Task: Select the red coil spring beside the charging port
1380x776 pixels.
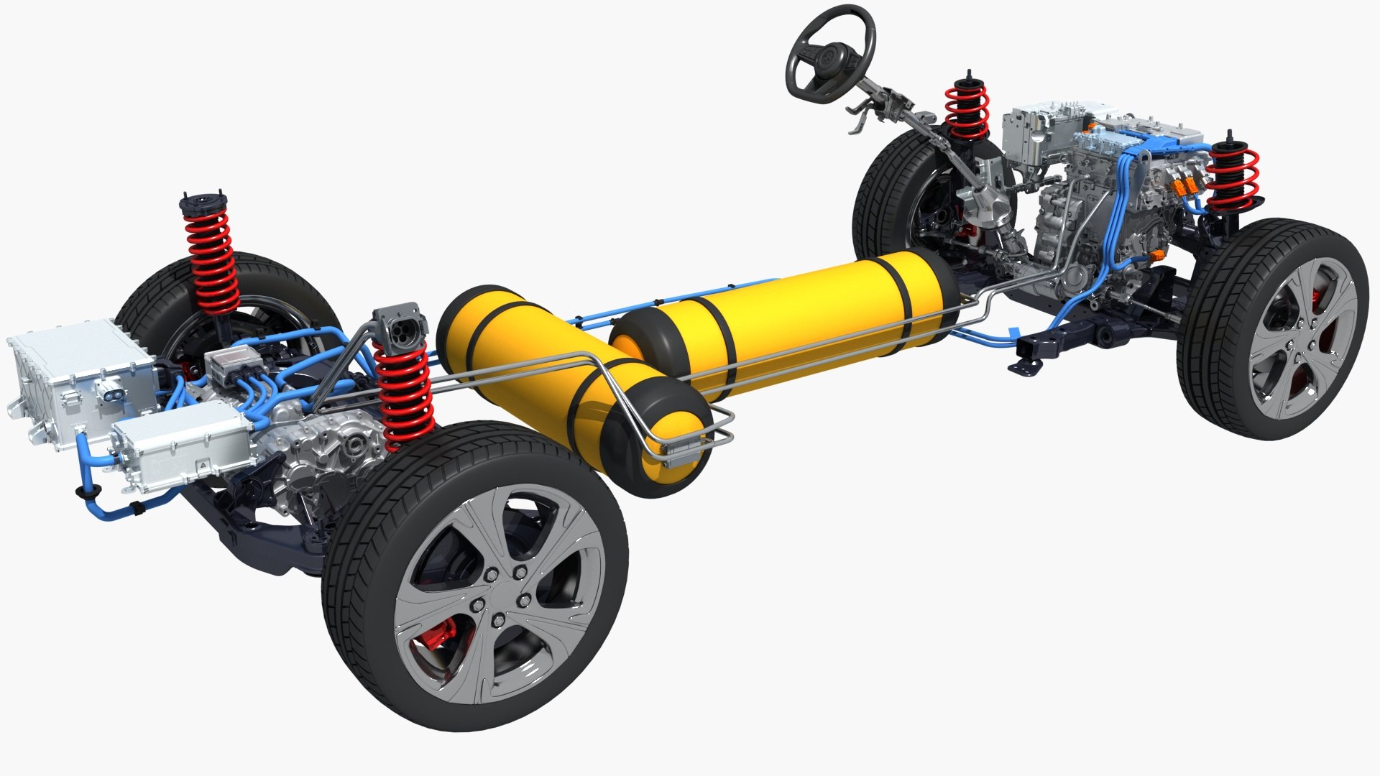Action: [x=403, y=392]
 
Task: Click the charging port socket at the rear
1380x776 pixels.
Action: [x=400, y=331]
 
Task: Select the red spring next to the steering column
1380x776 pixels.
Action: [x=967, y=111]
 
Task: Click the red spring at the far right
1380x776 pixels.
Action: [x=1233, y=176]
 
